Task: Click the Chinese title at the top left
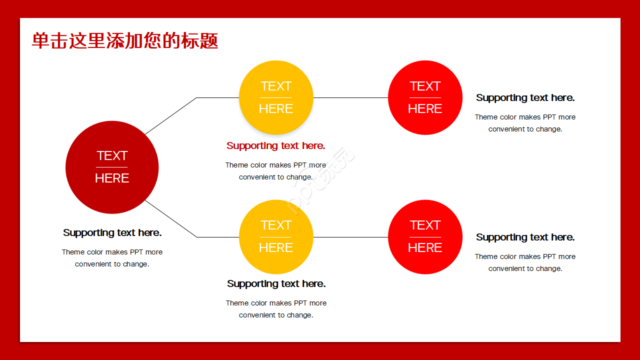tap(125, 40)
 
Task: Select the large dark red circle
tap(112, 167)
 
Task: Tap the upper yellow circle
tap(276, 97)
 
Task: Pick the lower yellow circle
tap(276, 237)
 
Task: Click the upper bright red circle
tap(425, 97)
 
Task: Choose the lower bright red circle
tap(425, 237)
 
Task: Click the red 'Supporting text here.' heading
tap(275, 146)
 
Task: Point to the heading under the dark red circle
tap(112, 233)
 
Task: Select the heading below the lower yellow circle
tap(276, 284)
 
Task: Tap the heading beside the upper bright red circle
tap(525, 98)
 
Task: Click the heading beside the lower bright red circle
tap(525, 237)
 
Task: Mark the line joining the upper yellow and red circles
tap(350, 97)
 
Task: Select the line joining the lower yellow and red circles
tap(350, 237)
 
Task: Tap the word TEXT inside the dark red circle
tap(112, 155)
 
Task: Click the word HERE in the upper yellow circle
tap(276, 108)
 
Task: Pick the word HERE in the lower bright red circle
tap(425, 247)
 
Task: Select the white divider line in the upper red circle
tap(425, 97)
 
